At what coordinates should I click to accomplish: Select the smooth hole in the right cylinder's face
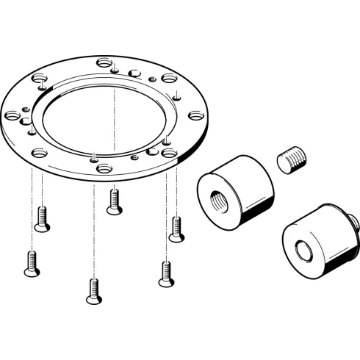click(x=302, y=248)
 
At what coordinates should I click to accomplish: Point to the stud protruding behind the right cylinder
click(x=355, y=218)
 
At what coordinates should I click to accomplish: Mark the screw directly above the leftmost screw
click(x=42, y=218)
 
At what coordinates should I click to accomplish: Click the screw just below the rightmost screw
click(x=165, y=273)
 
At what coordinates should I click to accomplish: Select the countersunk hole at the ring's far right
click(x=195, y=115)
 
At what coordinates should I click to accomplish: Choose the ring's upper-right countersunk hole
click(x=169, y=78)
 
